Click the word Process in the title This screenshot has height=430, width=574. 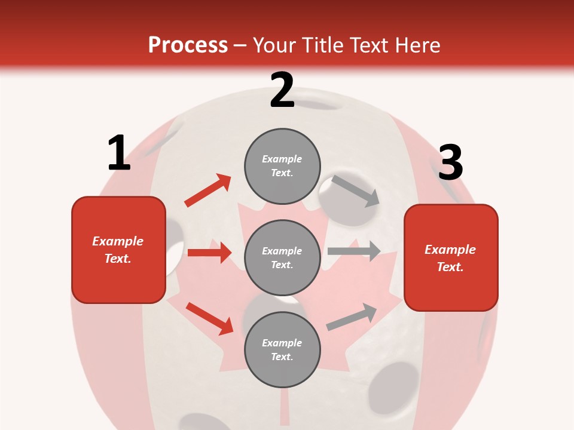point(188,45)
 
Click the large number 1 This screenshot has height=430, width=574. point(119,153)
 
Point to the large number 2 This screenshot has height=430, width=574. point(282,90)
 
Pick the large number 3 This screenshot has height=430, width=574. point(450,162)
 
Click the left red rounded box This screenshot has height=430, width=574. point(118,250)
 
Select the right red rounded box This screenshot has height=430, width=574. point(451,258)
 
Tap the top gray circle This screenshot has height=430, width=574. point(282,166)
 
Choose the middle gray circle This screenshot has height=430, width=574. point(282,258)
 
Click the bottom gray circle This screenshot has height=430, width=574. point(282,350)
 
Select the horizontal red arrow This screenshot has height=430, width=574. point(209,253)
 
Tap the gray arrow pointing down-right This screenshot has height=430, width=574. point(355,191)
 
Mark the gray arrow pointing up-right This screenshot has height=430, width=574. point(352,317)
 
